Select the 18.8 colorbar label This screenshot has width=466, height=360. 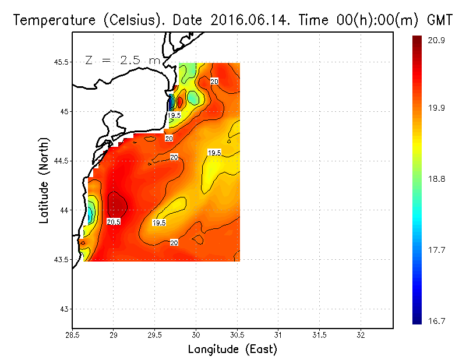point(437,179)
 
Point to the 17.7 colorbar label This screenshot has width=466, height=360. point(437,250)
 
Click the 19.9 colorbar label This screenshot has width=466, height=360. point(437,108)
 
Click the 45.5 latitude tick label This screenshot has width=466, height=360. point(59,62)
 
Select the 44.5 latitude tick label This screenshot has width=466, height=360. point(59,161)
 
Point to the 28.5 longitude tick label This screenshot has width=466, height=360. point(72,335)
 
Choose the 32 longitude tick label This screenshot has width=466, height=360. point(361,335)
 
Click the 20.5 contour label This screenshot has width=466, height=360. point(114,222)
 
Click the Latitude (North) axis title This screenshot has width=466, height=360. point(44,181)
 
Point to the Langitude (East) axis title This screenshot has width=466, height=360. point(232,350)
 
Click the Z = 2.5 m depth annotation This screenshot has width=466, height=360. point(122,61)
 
